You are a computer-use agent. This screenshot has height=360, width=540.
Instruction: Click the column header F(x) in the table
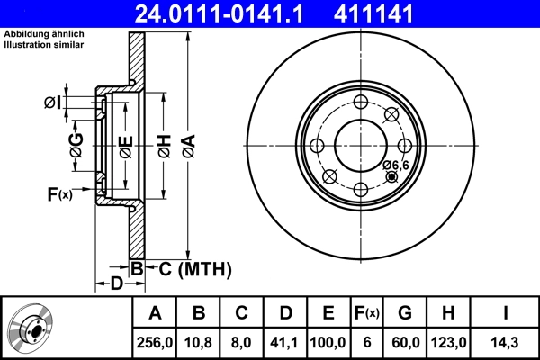click(366, 313)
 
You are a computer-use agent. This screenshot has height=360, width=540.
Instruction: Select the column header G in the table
click(405, 313)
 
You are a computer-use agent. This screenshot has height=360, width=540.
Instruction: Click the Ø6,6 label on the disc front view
click(396, 165)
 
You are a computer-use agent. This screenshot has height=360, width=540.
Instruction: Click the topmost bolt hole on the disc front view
click(360, 102)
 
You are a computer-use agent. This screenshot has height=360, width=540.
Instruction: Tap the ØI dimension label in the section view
click(53, 103)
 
